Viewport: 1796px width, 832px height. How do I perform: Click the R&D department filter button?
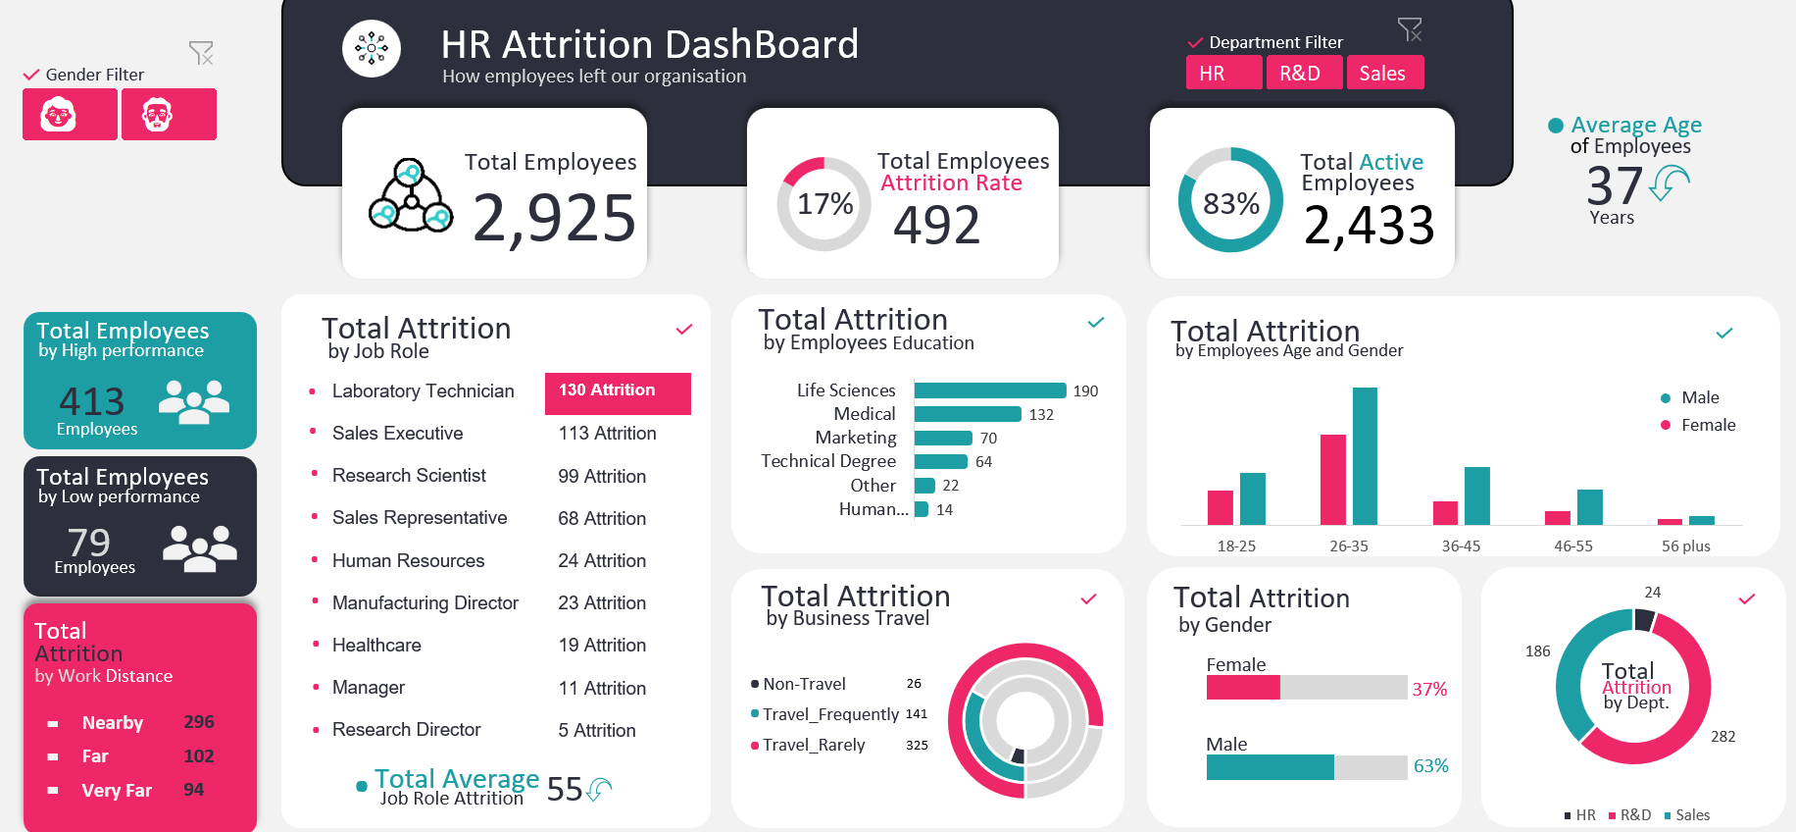click(x=1303, y=74)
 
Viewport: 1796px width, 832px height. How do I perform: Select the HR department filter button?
click(x=1223, y=74)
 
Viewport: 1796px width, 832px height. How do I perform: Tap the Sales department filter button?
click(x=1383, y=74)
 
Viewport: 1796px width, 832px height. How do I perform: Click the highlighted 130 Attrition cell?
click(x=618, y=391)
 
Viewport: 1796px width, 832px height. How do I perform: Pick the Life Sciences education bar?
click(x=989, y=390)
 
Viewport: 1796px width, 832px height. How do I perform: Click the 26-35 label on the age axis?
click(x=1348, y=546)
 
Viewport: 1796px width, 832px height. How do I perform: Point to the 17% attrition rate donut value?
click(x=824, y=204)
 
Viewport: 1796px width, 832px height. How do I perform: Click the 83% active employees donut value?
click(x=1230, y=204)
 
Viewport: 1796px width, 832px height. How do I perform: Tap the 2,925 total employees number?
click(x=554, y=218)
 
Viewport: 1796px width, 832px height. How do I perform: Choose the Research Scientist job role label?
click(x=409, y=476)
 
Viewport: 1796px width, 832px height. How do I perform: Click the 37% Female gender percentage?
click(x=1429, y=690)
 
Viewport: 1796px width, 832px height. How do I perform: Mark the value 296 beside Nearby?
click(x=199, y=722)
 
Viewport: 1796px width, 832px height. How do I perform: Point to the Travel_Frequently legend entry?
click(x=829, y=714)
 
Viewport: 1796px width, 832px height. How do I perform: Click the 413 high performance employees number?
click(x=92, y=401)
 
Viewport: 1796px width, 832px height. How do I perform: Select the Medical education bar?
click(x=967, y=414)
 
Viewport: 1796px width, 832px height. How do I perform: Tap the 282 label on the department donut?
click(x=1722, y=737)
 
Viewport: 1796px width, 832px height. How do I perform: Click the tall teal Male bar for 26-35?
click(x=1365, y=456)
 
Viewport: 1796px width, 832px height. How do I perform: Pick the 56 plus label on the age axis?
click(x=1685, y=546)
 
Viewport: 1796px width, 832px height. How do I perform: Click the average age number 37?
click(x=1614, y=185)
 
